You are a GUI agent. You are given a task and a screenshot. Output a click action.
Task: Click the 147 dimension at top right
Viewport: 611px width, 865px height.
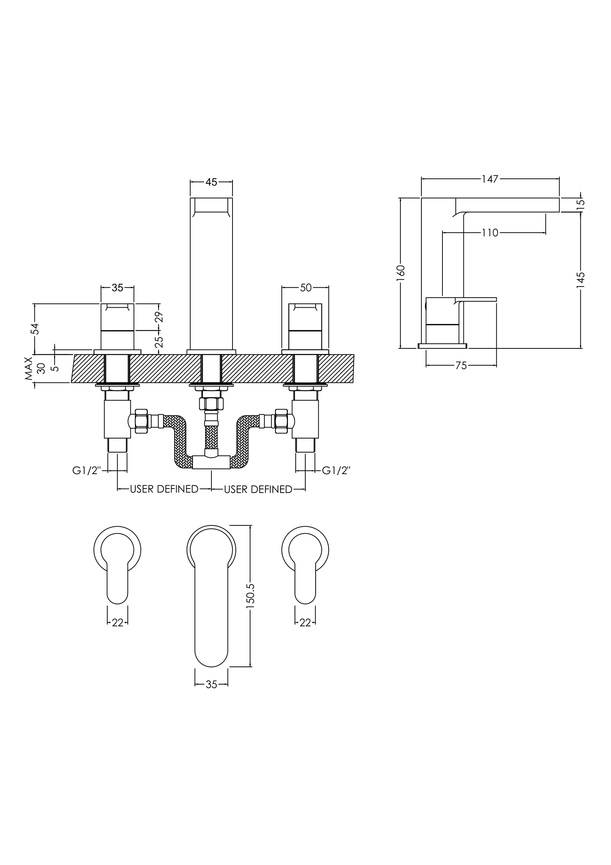tap(490, 179)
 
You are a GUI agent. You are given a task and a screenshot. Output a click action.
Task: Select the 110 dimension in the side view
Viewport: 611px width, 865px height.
tap(490, 233)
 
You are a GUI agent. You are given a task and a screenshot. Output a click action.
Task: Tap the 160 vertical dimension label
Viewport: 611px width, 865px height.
tap(401, 271)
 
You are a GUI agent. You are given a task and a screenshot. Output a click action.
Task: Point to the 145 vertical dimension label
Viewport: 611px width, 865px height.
tap(581, 280)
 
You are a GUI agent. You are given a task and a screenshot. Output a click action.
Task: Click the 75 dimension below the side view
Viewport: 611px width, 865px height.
tap(461, 365)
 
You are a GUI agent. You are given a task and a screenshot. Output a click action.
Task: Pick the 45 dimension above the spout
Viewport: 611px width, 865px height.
tap(211, 182)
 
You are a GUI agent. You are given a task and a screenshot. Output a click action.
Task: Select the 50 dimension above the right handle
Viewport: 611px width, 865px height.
tap(306, 288)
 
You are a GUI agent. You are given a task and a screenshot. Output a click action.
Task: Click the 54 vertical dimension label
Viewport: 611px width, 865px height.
tap(35, 328)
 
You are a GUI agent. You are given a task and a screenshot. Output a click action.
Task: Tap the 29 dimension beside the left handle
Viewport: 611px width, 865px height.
tap(159, 317)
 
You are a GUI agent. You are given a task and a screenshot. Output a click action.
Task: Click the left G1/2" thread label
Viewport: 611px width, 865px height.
tap(87, 470)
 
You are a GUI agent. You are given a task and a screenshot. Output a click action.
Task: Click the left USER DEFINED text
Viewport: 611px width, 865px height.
tap(164, 489)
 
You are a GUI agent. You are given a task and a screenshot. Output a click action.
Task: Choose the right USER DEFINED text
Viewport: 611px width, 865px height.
tap(258, 489)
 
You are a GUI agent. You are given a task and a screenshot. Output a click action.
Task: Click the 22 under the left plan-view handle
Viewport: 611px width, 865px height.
tap(118, 623)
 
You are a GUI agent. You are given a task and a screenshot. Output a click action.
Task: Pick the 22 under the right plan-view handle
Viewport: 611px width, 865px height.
tap(305, 623)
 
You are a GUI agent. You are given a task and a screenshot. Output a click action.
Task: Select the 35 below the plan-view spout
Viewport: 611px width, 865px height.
tap(211, 685)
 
